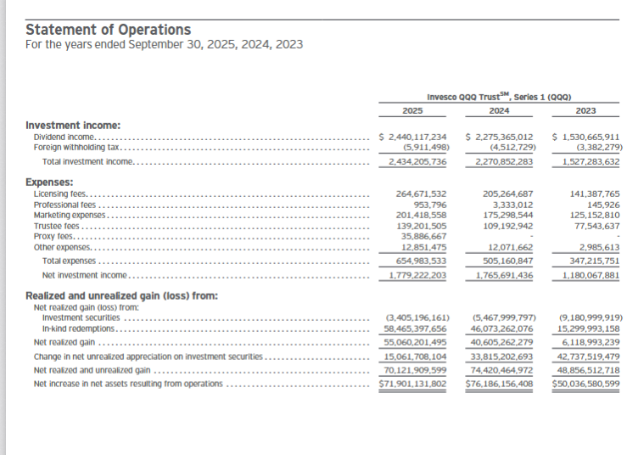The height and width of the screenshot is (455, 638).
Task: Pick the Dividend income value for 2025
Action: [412, 137]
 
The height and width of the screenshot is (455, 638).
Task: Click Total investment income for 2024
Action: [500, 160]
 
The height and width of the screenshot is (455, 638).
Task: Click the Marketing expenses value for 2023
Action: [590, 216]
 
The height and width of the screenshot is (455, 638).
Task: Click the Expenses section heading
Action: [50, 182]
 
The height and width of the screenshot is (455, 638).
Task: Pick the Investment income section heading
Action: [72, 124]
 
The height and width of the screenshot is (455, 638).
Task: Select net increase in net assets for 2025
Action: [414, 384]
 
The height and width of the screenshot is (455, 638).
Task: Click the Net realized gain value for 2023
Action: [589, 341]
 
